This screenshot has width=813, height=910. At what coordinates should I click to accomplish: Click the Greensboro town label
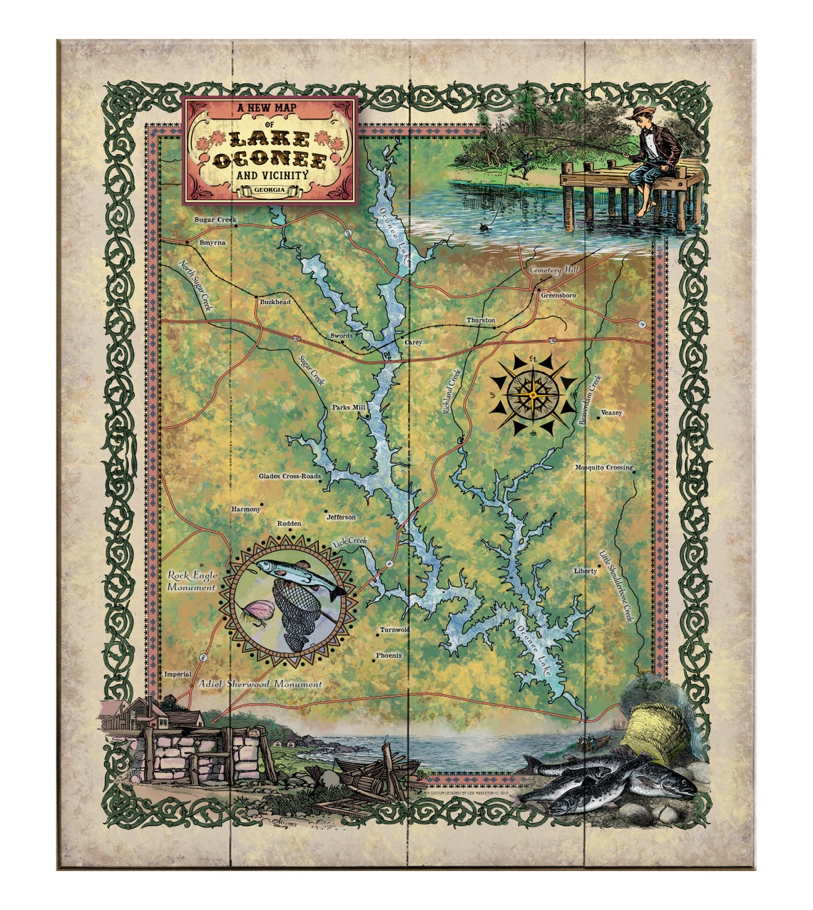(x=558, y=295)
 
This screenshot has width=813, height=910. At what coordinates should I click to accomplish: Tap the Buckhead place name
(x=275, y=302)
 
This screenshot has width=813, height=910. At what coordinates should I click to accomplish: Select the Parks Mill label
(x=348, y=408)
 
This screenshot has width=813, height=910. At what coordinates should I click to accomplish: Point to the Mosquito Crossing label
(x=603, y=468)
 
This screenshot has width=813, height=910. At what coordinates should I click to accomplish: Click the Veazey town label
(x=611, y=413)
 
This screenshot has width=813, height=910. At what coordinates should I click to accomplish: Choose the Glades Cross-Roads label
(x=290, y=477)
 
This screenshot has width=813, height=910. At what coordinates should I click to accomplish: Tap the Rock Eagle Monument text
(x=191, y=581)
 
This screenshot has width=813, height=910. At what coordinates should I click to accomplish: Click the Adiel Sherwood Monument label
(x=260, y=684)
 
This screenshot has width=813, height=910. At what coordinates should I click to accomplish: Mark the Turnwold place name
(x=394, y=630)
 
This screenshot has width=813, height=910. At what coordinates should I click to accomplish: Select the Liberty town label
(x=585, y=572)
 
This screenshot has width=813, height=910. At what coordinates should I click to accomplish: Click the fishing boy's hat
(x=640, y=114)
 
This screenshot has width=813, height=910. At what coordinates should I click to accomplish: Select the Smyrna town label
(x=213, y=243)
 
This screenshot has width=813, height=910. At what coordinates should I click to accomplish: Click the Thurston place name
(x=481, y=321)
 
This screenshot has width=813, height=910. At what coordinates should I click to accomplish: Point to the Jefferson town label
(x=341, y=517)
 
